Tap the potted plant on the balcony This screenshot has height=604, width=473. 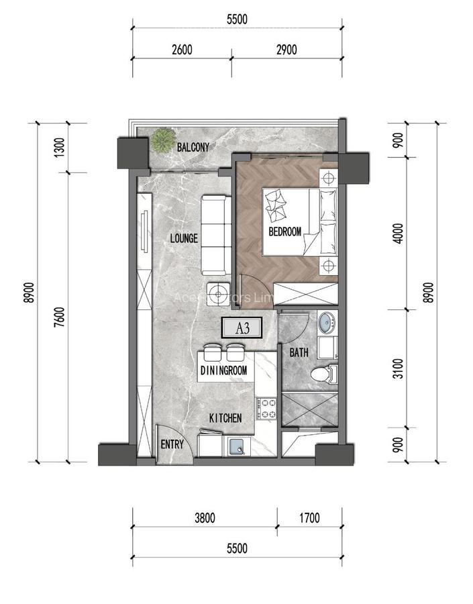(161, 140)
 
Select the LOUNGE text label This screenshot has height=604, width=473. (183, 238)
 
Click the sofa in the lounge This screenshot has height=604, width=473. (216, 230)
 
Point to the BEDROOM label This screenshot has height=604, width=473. (284, 232)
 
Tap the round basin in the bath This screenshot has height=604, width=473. (327, 323)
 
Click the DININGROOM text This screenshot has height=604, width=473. (224, 370)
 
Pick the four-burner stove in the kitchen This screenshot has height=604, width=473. (266, 407)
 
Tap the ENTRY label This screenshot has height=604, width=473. (172, 445)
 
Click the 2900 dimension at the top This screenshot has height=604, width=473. (286, 49)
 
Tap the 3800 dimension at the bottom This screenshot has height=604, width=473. (205, 517)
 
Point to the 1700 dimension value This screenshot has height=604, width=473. (309, 517)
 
